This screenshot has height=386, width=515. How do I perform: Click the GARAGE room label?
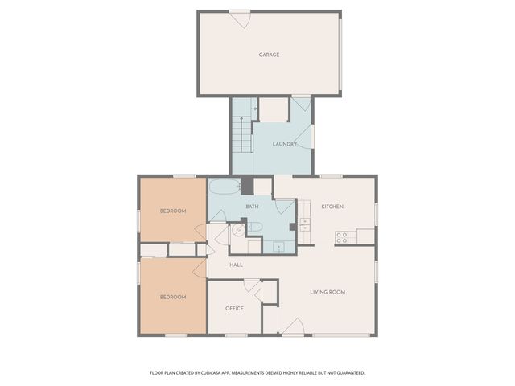tap(269, 55)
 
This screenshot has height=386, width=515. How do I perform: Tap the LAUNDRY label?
tap(284, 144)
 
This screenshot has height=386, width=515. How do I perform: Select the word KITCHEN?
tap(332, 207)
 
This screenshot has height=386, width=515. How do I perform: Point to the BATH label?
tap(251, 207)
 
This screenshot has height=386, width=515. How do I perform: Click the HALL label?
tap(236, 265)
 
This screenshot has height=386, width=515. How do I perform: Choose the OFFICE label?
tap(234, 308)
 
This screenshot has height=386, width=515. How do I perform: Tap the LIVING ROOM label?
tap(328, 292)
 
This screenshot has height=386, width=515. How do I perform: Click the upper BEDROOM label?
tap(172, 211)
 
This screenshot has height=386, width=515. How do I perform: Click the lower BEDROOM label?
tap(172, 297)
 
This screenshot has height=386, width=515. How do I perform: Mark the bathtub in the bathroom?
tap(225, 187)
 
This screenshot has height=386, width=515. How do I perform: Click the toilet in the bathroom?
tap(255, 228)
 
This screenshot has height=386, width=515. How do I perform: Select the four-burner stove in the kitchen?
tap(342, 236)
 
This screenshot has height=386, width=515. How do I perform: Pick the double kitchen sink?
tap(305, 224)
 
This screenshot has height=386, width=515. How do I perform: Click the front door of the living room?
tap(293, 327)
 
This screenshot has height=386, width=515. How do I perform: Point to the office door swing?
tap(251, 286)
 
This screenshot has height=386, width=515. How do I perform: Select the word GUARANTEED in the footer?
tap(348, 373)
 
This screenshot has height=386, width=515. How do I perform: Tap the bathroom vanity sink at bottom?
tap(278, 247)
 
